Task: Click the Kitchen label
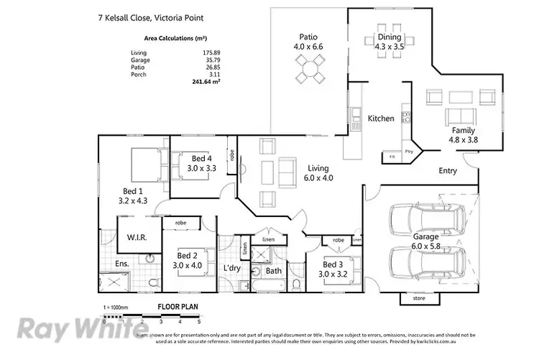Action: click(x=381, y=118)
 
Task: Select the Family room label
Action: click(x=464, y=131)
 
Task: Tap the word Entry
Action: click(x=448, y=171)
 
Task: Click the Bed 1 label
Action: click(x=135, y=191)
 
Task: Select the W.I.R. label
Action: click(x=137, y=237)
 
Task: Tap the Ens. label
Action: click(x=123, y=264)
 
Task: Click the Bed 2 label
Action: click(x=188, y=255)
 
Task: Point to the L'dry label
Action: click(x=231, y=268)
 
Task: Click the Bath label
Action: click(x=273, y=272)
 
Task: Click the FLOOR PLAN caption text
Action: click(x=178, y=307)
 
